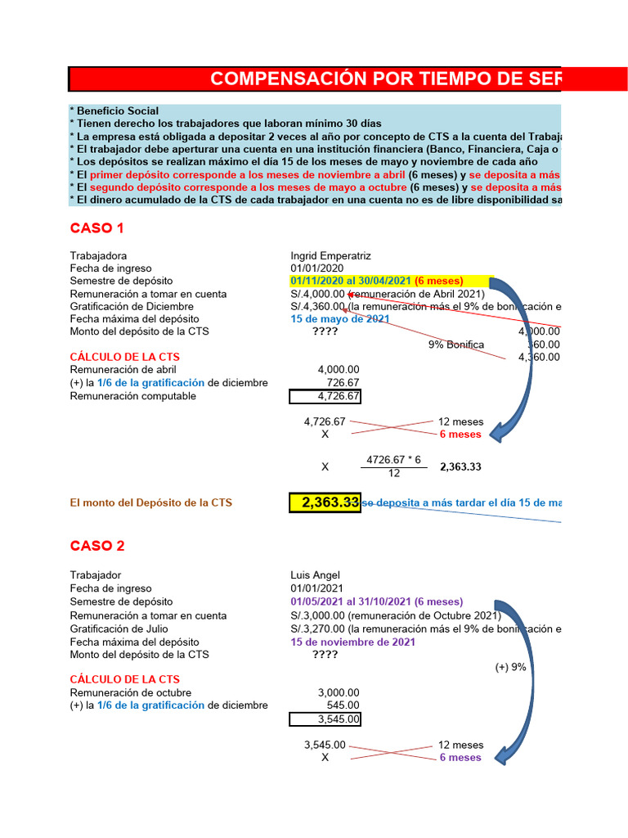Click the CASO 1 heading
pyautogui.click(x=96, y=228)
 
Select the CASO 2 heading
pyautogui.click(x=96, y=546)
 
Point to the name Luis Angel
pyautogui.click(x=315, y=575)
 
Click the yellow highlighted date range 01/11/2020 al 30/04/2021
pyautogui.click(x=385, y=281)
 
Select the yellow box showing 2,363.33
pyautogui.click(x=325, y=502)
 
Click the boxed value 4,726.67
pyautogui.click(x=325, y=396)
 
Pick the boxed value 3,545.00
pyautogui.click(x=325, y=719)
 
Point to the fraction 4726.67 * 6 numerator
pyautogui.click(x=393, y=460)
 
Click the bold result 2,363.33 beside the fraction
pyautogui.click(x=460, y=467)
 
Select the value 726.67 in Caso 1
pyautogui.click(x=342, y=383)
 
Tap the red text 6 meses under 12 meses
pyautogui.click(x=460, y=434)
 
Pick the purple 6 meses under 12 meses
pyautogui.click(x=460, y=758)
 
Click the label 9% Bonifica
pyautogui.click(x=455, y=345)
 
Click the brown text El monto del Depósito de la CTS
pyautogui.click(x=150, y=502)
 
